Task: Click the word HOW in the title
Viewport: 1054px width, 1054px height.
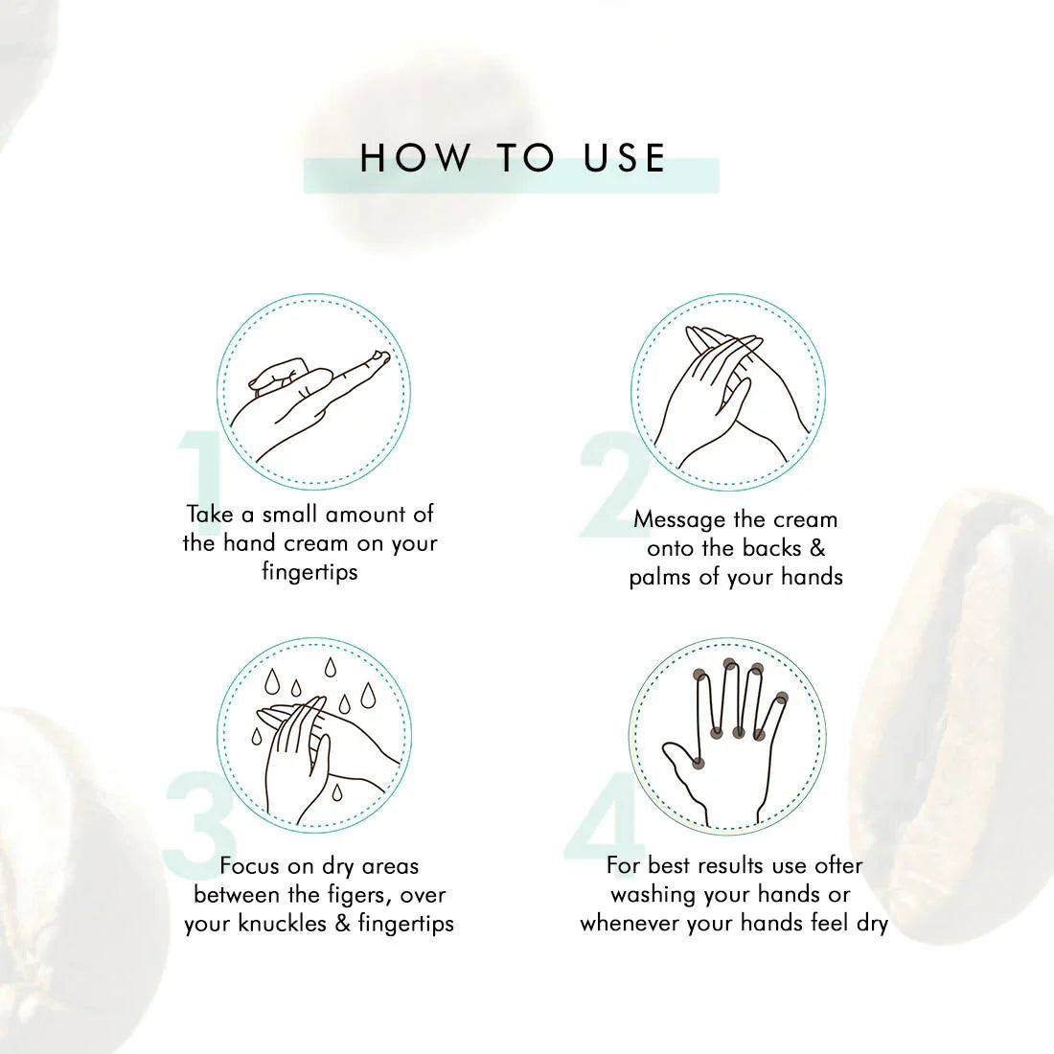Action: [x=415, y=158]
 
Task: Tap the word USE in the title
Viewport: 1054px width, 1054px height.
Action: [x=624, y=158]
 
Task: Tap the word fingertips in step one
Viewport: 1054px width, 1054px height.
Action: [x=309, y=571]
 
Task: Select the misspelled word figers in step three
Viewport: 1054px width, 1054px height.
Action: [x=356, y=895]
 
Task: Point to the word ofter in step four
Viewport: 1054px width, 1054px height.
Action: [x=838, y=865]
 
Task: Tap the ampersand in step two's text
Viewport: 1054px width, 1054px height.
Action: [x=816, y=548]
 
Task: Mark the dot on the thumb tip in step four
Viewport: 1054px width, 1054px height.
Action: [x=699, y=763]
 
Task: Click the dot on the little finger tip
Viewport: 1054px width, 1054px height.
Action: [x=781, y=698]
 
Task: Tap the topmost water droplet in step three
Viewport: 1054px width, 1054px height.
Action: [x=330, y=668]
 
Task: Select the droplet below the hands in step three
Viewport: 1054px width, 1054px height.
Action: [x=336, y=791]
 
